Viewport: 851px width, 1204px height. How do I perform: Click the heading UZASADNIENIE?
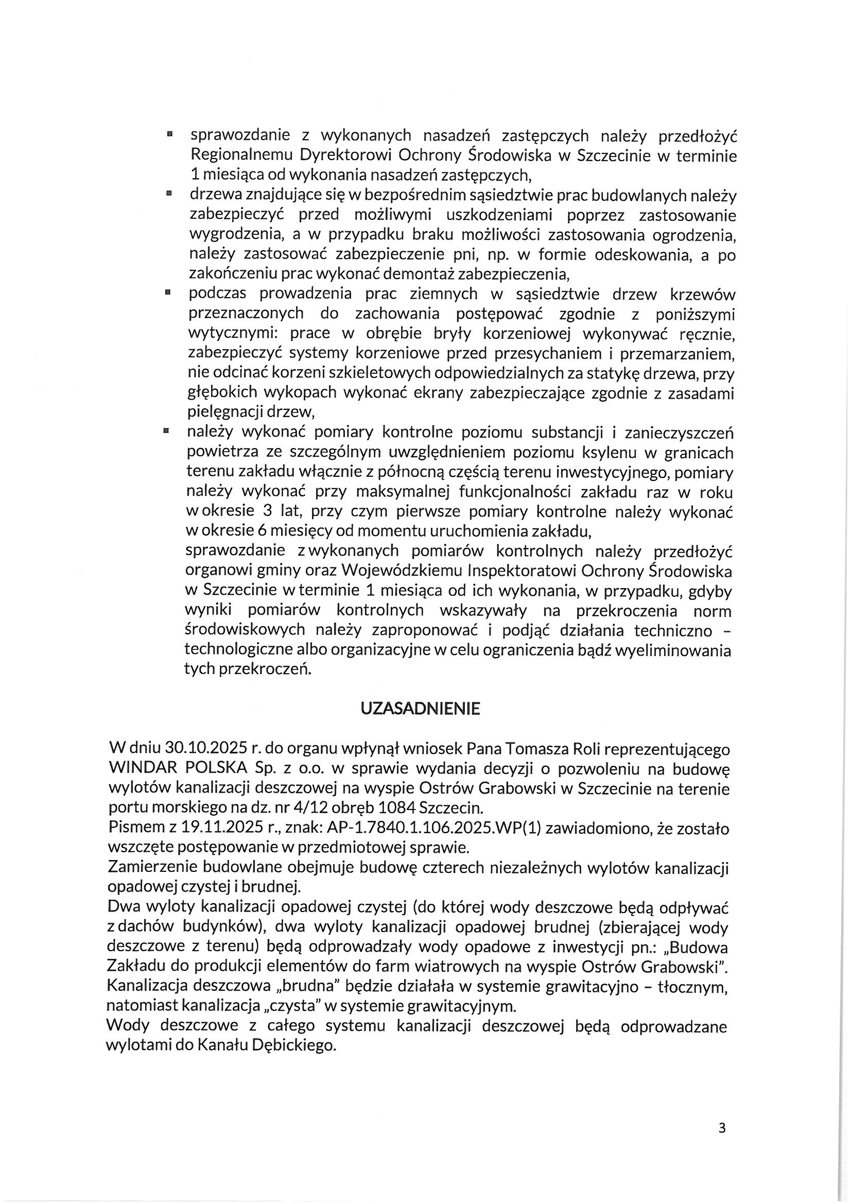[x=421, y=710]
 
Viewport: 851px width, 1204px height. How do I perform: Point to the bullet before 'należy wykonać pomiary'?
[x=166, y=432]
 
